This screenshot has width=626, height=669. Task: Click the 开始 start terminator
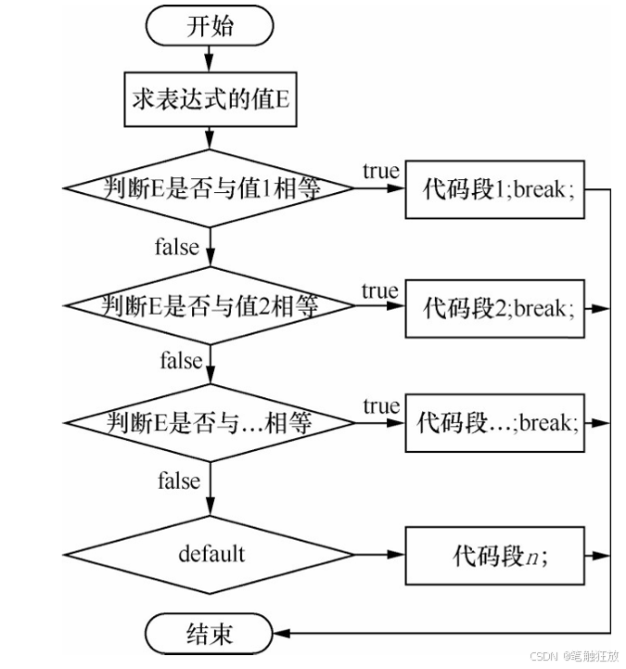[x=209, y=26]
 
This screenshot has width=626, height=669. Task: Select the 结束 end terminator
[x=209, y=633]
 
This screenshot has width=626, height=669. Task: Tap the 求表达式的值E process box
[x=211, y=99]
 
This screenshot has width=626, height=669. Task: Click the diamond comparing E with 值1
[x=209, y=187]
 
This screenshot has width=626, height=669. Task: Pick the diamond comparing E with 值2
[x=210, y=305]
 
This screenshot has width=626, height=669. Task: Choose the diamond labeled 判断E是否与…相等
[x=210, y=423]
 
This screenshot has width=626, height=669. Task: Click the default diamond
[x=210, y=555]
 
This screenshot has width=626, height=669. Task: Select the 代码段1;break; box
[x=494, y=189]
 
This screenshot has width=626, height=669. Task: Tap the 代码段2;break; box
[x=494, y=308]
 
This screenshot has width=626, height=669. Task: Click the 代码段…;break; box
[x=494, y=423]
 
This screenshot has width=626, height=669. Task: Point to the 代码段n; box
[x=494, y=556]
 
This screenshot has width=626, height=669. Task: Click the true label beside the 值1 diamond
[x=381, y=171]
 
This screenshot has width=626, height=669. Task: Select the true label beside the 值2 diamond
[x=380, y=291]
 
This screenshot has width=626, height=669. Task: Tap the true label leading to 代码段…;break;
[x=382, y=405]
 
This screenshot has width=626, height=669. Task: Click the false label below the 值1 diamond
[x=177, y=247]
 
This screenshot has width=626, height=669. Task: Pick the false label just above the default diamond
[x=179, y=480]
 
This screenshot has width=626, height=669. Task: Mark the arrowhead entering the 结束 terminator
[x=281, y=633]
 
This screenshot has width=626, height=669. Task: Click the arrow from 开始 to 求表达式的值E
[x=209, y=58]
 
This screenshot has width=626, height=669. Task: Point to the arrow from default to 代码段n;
[x=379, y=555]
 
